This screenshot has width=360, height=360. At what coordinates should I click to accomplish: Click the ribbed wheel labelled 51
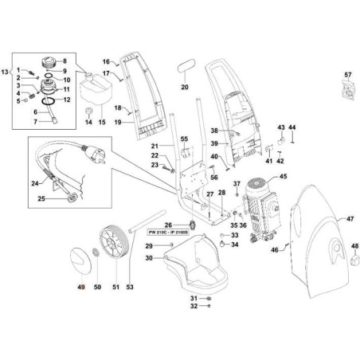tap(115, 241)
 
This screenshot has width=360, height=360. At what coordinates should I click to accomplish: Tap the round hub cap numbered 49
tap(80, 260)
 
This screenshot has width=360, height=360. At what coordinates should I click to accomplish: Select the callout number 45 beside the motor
tap(283, 176)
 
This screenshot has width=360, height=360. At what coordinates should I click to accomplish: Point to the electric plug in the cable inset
tap(94, 155)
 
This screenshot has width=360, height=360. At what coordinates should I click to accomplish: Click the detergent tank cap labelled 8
tap(49, 63)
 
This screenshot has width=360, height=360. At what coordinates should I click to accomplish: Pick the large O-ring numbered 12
tap(49, 101)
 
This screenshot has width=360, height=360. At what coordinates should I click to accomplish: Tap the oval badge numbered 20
tap(186, 66)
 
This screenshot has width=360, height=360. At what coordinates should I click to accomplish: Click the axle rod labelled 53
tap(147, 221)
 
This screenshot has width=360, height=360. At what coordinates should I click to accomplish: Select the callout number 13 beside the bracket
tap(5, 72)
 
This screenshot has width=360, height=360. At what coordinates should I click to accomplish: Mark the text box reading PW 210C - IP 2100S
tap(167, 232)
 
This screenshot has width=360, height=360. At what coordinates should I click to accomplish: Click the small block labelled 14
tap(88, 111)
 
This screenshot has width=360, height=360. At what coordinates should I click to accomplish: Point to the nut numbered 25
tap(72, 197)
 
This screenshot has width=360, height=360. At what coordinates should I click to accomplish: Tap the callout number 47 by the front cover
tap(350, 219)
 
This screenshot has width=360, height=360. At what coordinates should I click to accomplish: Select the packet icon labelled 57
tap(348, 91)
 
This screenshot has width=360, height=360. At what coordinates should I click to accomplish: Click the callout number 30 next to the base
tap(149, 258)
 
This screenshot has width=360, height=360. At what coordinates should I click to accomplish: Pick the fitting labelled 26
tap(193, 224)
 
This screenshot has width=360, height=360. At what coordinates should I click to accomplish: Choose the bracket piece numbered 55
tap(185, 152)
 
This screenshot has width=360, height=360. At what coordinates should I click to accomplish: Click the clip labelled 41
tap(269, 149)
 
